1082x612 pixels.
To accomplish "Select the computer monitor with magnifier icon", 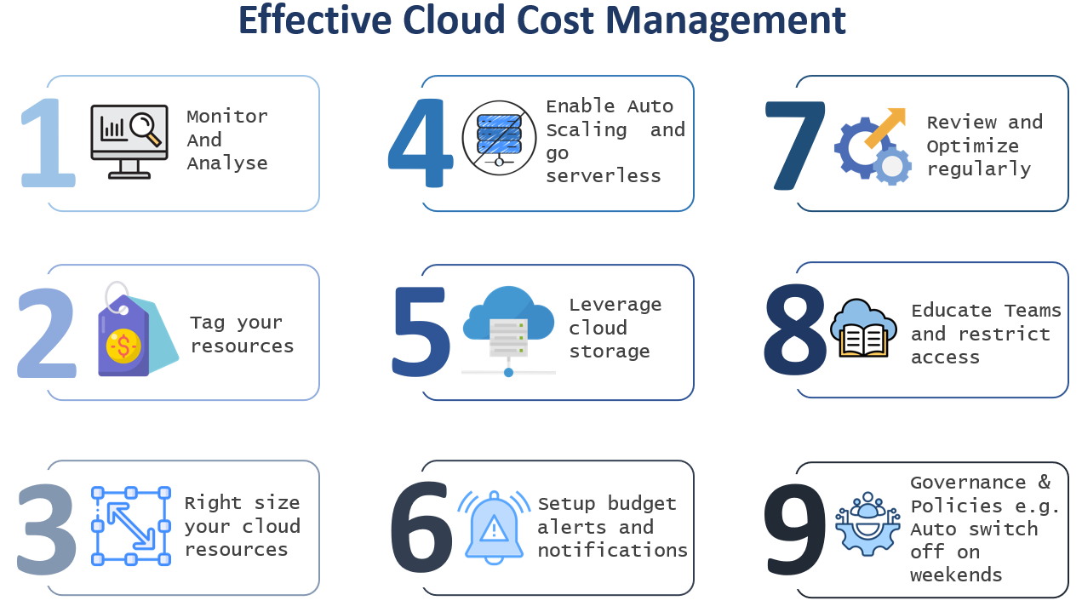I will (x=127, y=140).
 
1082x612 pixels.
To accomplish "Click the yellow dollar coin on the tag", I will (x=124, y=345).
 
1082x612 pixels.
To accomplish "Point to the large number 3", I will (x=47, y=529).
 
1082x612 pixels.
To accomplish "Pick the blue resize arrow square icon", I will (x=131, y=525).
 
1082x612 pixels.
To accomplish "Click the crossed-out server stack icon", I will (x=499, y=138).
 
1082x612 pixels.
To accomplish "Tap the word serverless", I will (x=603, y=176).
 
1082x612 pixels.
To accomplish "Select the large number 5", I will (x=421, y=333).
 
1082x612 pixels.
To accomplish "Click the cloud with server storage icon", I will (x=508, y=329).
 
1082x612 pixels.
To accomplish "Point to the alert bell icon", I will (x=494, y=525).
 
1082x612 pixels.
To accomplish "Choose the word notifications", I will (x=612, y=550).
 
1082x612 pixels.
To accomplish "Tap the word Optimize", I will (x=972, y=146).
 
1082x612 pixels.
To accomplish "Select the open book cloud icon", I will (x=863, y=329).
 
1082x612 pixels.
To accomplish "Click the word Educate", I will (x=951, y=311).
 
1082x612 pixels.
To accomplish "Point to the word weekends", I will (x=956, y=575).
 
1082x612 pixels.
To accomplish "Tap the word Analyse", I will (x=226, y=163).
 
